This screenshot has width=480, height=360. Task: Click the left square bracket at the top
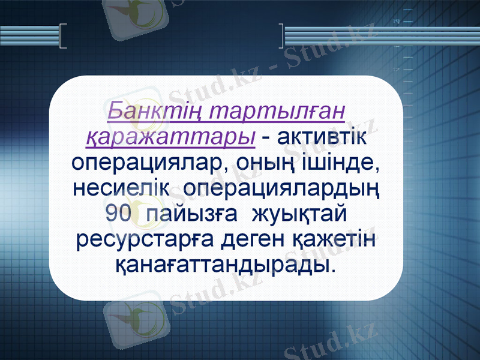pyautogui.click(x=64, y=35)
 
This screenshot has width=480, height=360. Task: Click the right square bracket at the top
pyautogui.click(x=281, y=35)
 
